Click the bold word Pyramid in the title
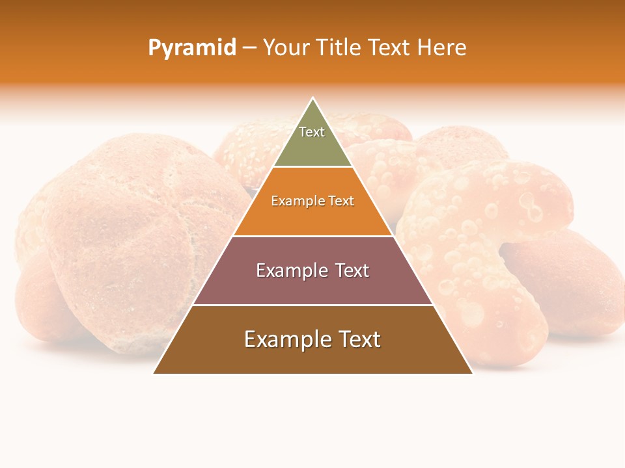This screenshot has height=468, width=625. click(192, 48)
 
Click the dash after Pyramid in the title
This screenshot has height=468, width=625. click(249, 48)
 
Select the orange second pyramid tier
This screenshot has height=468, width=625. click(313, 218)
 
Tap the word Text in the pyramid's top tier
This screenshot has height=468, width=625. click(312, 132)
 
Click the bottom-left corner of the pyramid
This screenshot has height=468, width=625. click(154, 373)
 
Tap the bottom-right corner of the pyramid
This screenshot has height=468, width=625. click(472, 373)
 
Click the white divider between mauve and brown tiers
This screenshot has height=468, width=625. click(313, 305)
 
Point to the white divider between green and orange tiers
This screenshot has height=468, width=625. click(313, 167)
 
